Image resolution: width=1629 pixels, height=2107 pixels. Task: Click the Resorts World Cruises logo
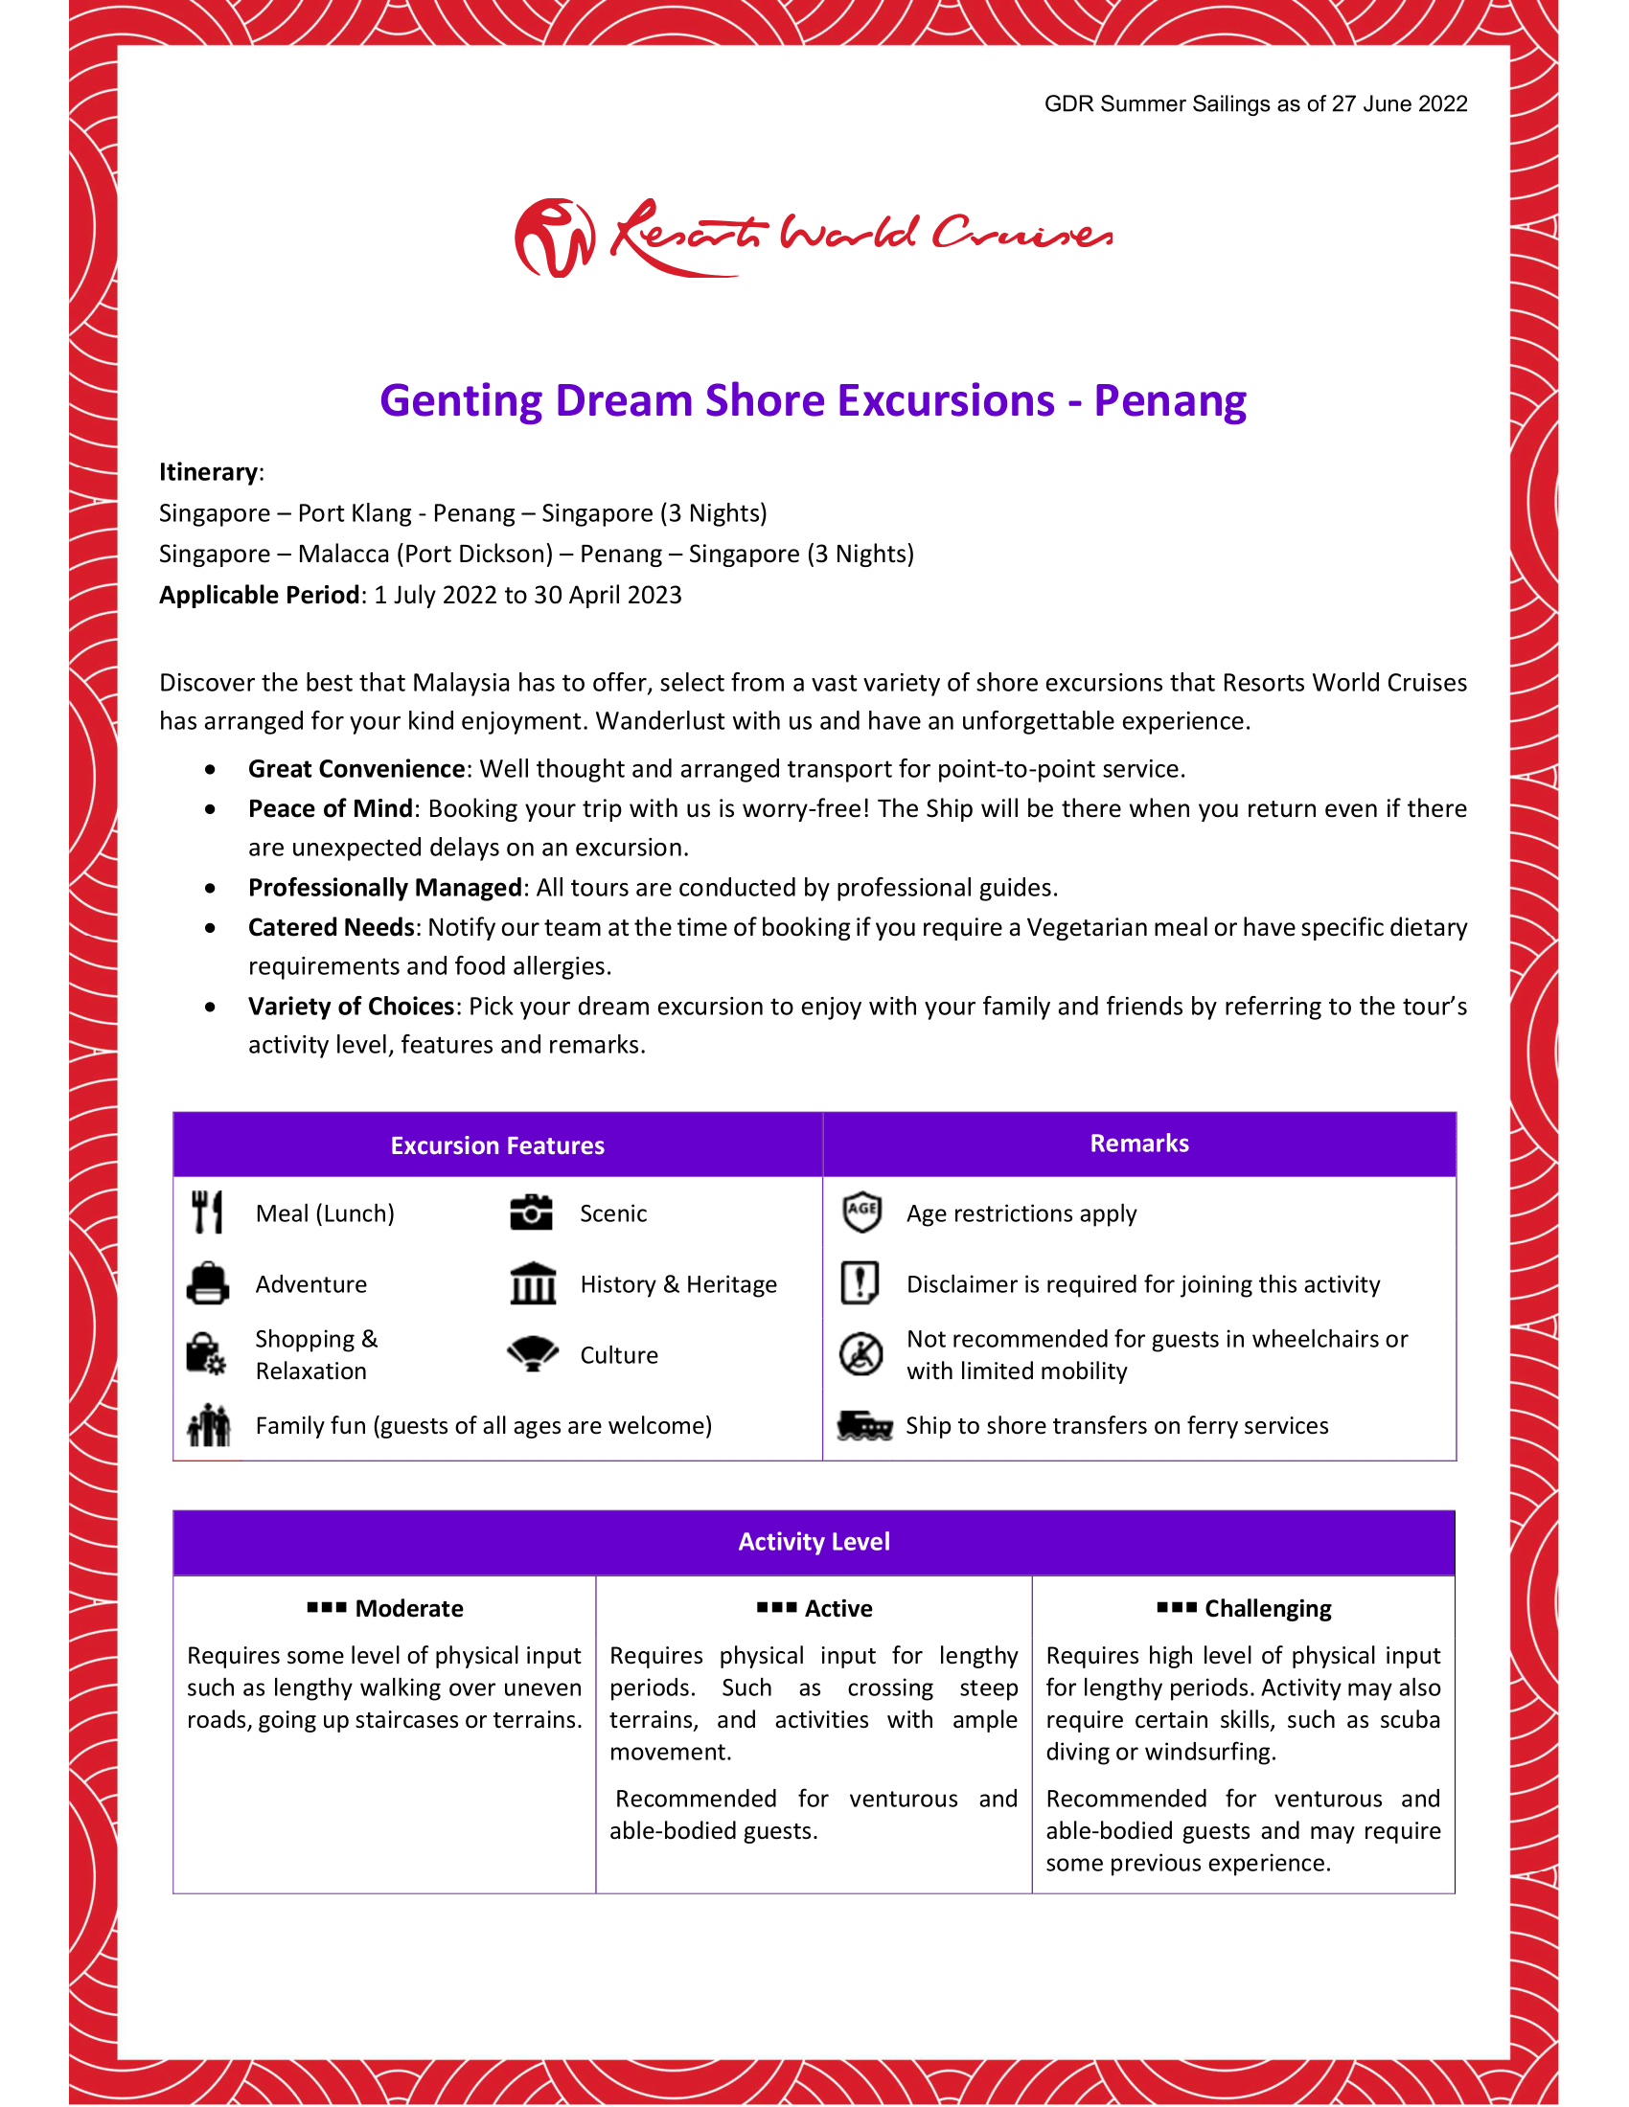point(813,238)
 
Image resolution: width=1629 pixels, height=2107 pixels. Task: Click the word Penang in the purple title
point(1169,400)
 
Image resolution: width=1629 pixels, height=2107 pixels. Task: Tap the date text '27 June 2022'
point(1398,104)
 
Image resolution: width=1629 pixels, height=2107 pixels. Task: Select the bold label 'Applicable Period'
point(259,596)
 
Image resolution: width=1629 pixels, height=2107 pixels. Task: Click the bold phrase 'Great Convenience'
point(356,769)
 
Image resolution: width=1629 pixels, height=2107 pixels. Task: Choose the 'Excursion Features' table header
point(497,1145)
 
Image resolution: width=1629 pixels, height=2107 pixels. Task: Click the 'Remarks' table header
point(1138,1144)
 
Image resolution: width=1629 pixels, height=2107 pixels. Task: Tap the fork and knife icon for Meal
point(207,1212)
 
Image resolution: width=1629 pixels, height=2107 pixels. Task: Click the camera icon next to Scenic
point(531,1212)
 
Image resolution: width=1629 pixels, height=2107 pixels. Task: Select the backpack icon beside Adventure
point(208,1284)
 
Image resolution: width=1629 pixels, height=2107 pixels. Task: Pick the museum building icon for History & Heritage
point(533,1284)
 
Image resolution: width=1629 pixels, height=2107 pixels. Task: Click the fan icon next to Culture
point(533,1353)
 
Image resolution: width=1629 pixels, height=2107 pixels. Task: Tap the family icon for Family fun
point(209,1425)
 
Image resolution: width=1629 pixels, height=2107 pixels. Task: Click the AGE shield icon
point(860,1212)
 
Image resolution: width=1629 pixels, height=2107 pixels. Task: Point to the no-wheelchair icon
point(860,1353)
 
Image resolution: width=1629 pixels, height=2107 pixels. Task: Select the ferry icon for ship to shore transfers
point(863,1425)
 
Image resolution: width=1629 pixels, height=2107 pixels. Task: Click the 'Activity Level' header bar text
point(814,1542)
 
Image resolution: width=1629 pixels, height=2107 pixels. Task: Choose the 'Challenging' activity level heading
point(1267,1608)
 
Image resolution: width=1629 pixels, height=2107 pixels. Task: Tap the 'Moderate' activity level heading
point(408,1608)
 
